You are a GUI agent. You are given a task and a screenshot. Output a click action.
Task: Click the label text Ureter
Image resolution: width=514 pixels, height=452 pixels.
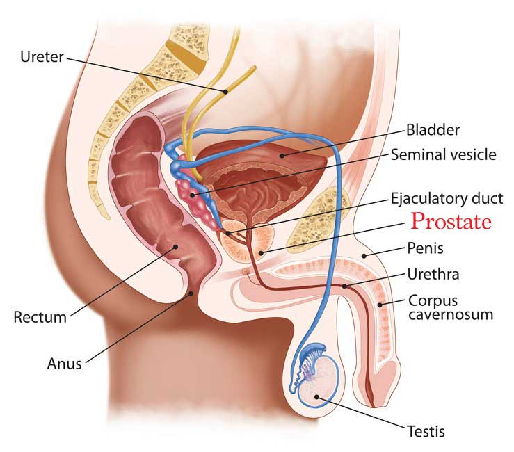pos(42,57)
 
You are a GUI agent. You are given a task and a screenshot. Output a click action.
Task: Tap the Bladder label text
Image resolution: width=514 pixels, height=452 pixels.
pos(433,130)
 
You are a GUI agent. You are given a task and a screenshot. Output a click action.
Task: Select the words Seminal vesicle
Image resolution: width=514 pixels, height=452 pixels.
pos(444,154)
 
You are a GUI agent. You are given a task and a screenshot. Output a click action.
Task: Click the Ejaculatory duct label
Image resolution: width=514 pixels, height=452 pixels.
pos(447,199)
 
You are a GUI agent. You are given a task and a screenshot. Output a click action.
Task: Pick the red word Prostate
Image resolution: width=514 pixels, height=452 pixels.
pos(451,221)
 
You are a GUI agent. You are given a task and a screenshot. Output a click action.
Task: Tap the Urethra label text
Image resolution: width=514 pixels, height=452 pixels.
pos(433,274)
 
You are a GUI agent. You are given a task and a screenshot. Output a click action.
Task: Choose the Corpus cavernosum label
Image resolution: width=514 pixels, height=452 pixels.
pos(451,307)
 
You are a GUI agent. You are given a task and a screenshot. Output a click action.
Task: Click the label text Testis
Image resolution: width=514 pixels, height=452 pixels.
pos(426,431)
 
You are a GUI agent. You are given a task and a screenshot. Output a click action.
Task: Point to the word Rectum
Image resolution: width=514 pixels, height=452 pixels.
pos(40,317)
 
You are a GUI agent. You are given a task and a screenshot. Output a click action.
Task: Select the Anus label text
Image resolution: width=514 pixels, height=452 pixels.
pos(64,364)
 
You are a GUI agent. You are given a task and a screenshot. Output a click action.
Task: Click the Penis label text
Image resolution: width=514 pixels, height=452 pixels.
pos(425,248)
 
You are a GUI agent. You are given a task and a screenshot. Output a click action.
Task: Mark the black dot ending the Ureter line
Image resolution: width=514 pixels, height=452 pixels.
pos(225,92)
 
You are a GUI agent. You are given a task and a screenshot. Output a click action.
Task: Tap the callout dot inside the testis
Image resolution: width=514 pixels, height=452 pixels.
pos(316,397)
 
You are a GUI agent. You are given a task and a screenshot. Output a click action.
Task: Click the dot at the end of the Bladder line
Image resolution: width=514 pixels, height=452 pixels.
pos(282,156)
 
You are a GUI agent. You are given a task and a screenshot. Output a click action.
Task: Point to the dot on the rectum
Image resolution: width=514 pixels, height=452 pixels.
pos(176,246)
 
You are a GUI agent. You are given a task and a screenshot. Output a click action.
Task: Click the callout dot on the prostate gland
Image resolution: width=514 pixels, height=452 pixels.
pos(261,252)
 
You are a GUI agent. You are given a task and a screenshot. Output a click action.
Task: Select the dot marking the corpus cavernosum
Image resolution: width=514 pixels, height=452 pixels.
pos(380,305)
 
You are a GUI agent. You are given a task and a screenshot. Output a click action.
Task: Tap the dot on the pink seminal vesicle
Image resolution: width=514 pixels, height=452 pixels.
pos(193,195)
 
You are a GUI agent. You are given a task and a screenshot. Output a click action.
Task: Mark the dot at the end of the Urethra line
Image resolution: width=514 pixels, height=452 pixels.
pos(344,286)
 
